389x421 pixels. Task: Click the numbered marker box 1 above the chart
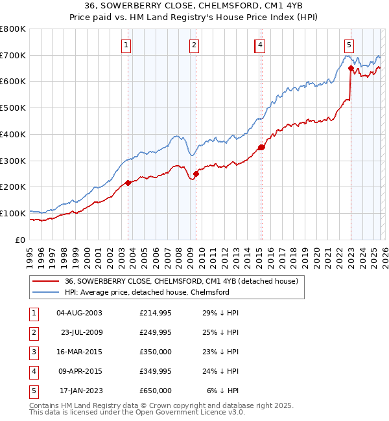tap(126, 45)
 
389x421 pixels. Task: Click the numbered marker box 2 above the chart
tap(194, 45)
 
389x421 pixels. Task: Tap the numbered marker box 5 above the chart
tap(349, 45)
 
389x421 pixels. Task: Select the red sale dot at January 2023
tap(351, 68)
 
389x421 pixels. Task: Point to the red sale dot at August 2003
tap(128, 183)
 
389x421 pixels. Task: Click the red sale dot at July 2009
tap(196, 174)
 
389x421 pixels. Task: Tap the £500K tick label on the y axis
tap(12, 108)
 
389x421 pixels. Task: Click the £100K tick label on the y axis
tap(12, 213)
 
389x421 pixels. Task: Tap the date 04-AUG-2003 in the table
tap(79, 313)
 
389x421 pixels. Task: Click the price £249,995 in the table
tap(155, 332)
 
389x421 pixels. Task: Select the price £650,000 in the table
tap(155, 391)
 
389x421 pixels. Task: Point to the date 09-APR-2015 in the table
tap(79, 371)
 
